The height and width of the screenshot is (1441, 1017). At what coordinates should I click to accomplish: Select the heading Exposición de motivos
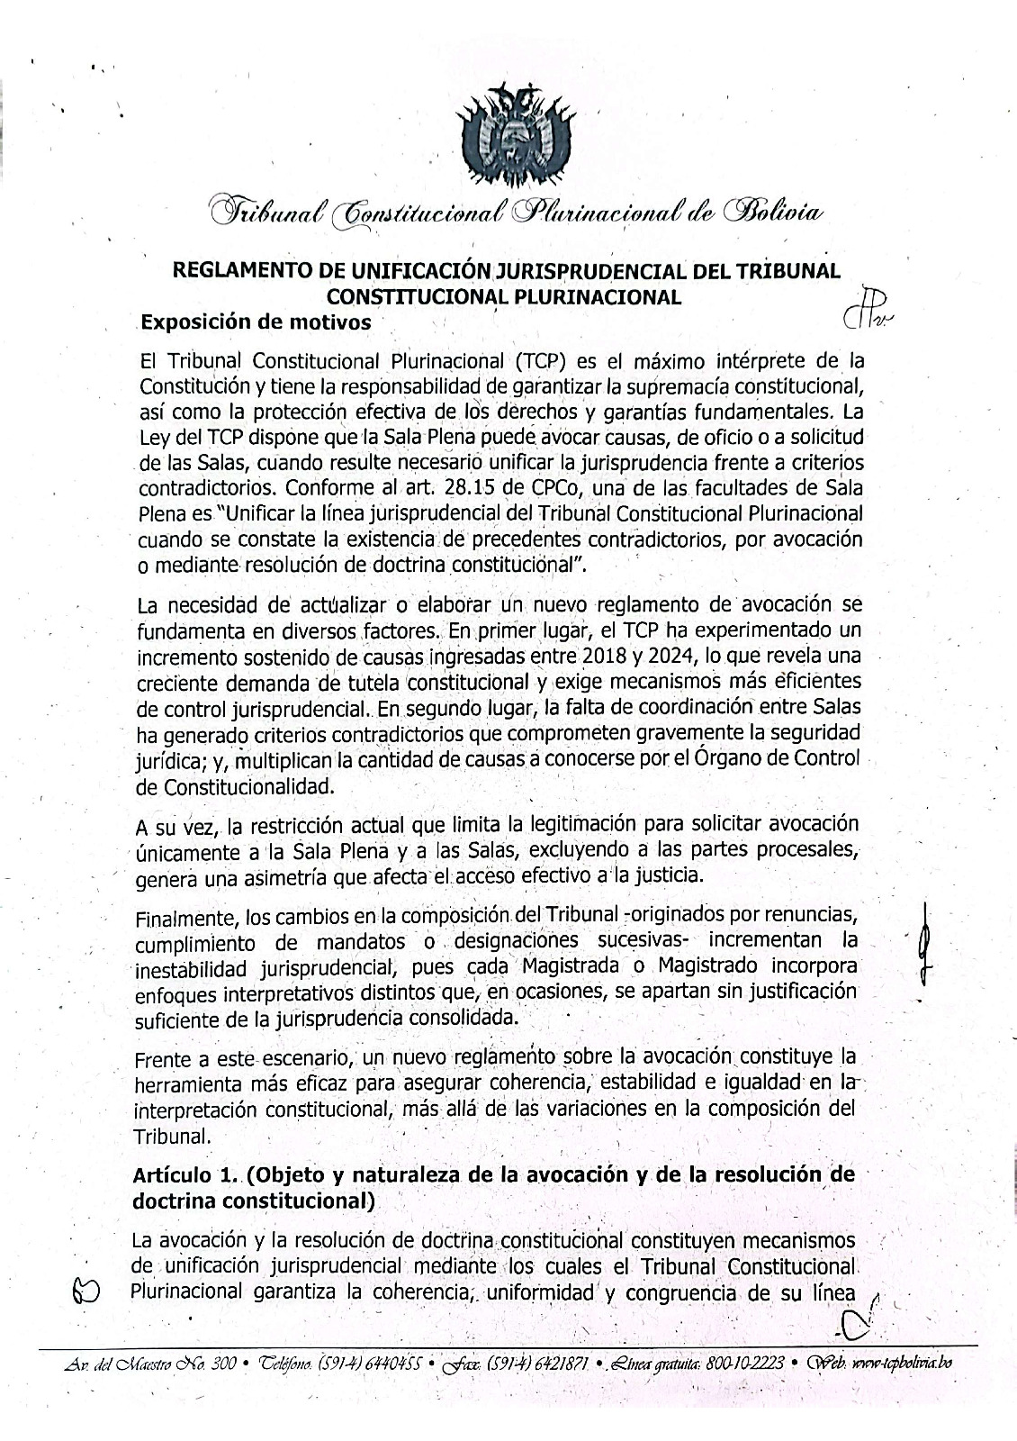256,322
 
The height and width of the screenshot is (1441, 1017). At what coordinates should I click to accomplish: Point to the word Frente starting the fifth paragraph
162,1059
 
